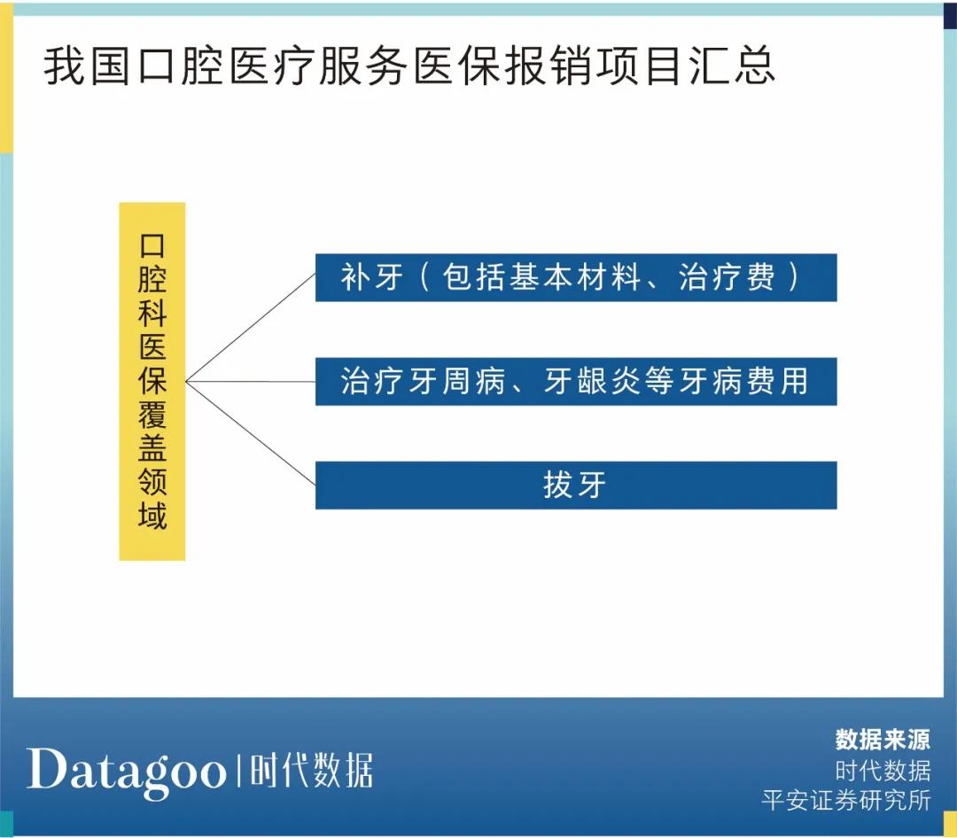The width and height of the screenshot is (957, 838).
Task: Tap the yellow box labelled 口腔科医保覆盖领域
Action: (152, 381)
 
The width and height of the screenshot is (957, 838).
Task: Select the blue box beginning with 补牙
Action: (576, 278)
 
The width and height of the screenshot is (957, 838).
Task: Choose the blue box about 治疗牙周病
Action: (576, 382)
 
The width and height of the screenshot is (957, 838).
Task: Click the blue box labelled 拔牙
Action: (576, 485)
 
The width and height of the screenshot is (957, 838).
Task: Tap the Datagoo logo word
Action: (126, 770)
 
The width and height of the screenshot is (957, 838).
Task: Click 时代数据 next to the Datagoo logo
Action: (311, 771)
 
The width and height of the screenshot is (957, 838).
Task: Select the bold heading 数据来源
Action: (883, 740)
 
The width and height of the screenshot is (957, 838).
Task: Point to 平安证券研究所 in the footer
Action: (846, 800)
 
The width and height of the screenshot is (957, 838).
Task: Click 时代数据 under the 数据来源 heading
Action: (883, 770)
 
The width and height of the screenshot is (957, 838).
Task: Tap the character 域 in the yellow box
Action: (152, 515)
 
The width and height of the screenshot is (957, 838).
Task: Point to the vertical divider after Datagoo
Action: (237, 771)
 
